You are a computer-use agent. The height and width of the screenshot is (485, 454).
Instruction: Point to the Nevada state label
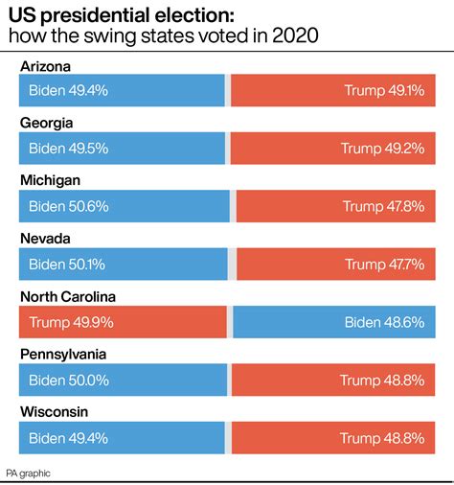coord(46,239)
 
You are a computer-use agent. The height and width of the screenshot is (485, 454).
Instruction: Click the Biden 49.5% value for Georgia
coord(68,149)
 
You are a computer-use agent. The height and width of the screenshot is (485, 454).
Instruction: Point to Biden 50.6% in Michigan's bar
coord(68,206)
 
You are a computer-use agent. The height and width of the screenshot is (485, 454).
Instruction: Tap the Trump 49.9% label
coord(72,322)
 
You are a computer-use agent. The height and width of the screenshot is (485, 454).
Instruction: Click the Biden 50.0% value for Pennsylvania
coord(68,380)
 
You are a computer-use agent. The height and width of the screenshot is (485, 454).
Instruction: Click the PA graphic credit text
coord(28,473)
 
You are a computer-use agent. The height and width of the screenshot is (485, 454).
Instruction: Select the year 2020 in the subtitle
coord(295,36)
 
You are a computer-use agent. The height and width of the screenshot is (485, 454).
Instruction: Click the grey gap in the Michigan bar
coord(233,206)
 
